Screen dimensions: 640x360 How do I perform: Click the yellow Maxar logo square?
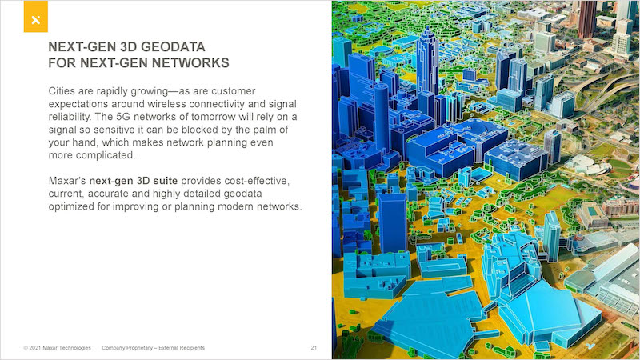pos(35,16)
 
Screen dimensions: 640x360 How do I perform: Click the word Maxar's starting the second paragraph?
pos(67,181)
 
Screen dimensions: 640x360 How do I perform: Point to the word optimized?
pos(71,206)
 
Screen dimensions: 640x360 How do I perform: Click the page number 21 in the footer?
pos(314,348)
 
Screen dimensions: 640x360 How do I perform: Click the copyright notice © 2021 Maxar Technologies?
pos(57,348)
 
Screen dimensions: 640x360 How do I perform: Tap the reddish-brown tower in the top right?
pos(587,19)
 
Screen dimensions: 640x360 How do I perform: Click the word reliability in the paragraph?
pos(69,117)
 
